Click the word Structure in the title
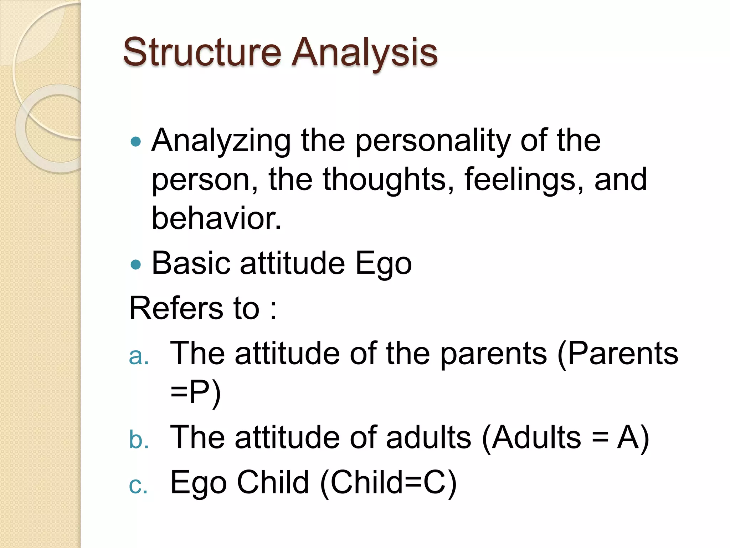(x=202, y=53)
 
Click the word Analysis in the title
(x=364, y=53)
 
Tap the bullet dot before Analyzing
(x=136, y=142)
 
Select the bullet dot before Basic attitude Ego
(x=136, y=265)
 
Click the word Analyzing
(x=221, y=141)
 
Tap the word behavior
(x=216, y=218)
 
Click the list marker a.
(x=138, y=356)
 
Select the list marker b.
(x=138, y=439)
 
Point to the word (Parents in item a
(x=617, y=354)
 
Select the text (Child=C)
(x=388, y=483)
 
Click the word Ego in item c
(x=199, y=483)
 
